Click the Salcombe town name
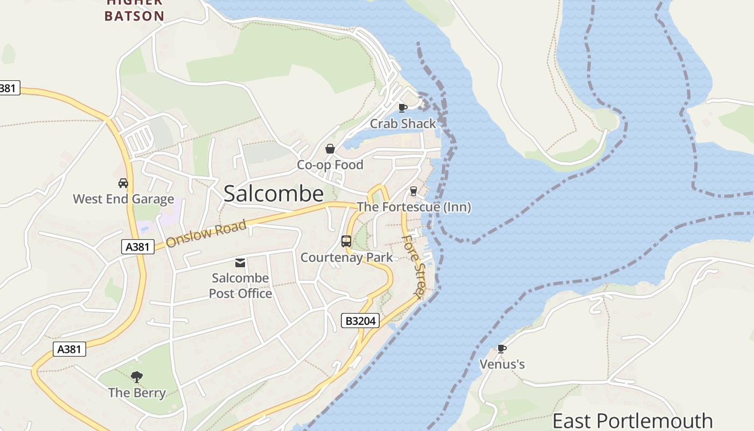(274, 194)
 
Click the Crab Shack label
(403, 124)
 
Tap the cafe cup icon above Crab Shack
(402, 108)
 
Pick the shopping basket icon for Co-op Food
(330, 149)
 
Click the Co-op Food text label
(330, 165)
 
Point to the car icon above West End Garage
(123, 183)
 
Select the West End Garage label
(123, 199)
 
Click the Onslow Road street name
(206, 233)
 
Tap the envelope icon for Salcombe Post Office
(240, 263)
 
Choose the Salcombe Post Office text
(240, 286)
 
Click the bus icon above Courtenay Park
(346, 241)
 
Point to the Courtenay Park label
(347, 258)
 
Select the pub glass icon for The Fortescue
(414, 191)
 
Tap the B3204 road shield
(360, 321)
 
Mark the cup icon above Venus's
(502, 349)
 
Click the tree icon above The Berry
(137, 377)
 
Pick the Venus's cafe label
(502, 365)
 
